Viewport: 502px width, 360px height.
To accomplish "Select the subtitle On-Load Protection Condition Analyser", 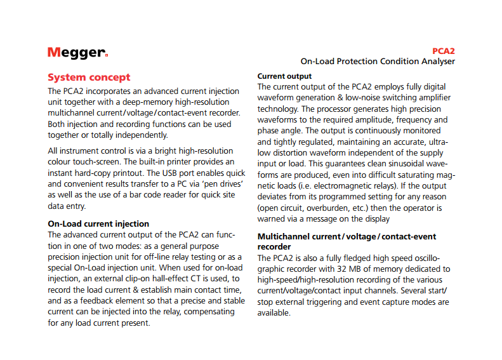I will click(377, 62).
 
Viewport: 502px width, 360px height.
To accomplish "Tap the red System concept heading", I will click(89, 77).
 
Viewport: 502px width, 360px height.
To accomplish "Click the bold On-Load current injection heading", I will click(98, 223).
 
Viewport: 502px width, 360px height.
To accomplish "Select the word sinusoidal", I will click(399, 163).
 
